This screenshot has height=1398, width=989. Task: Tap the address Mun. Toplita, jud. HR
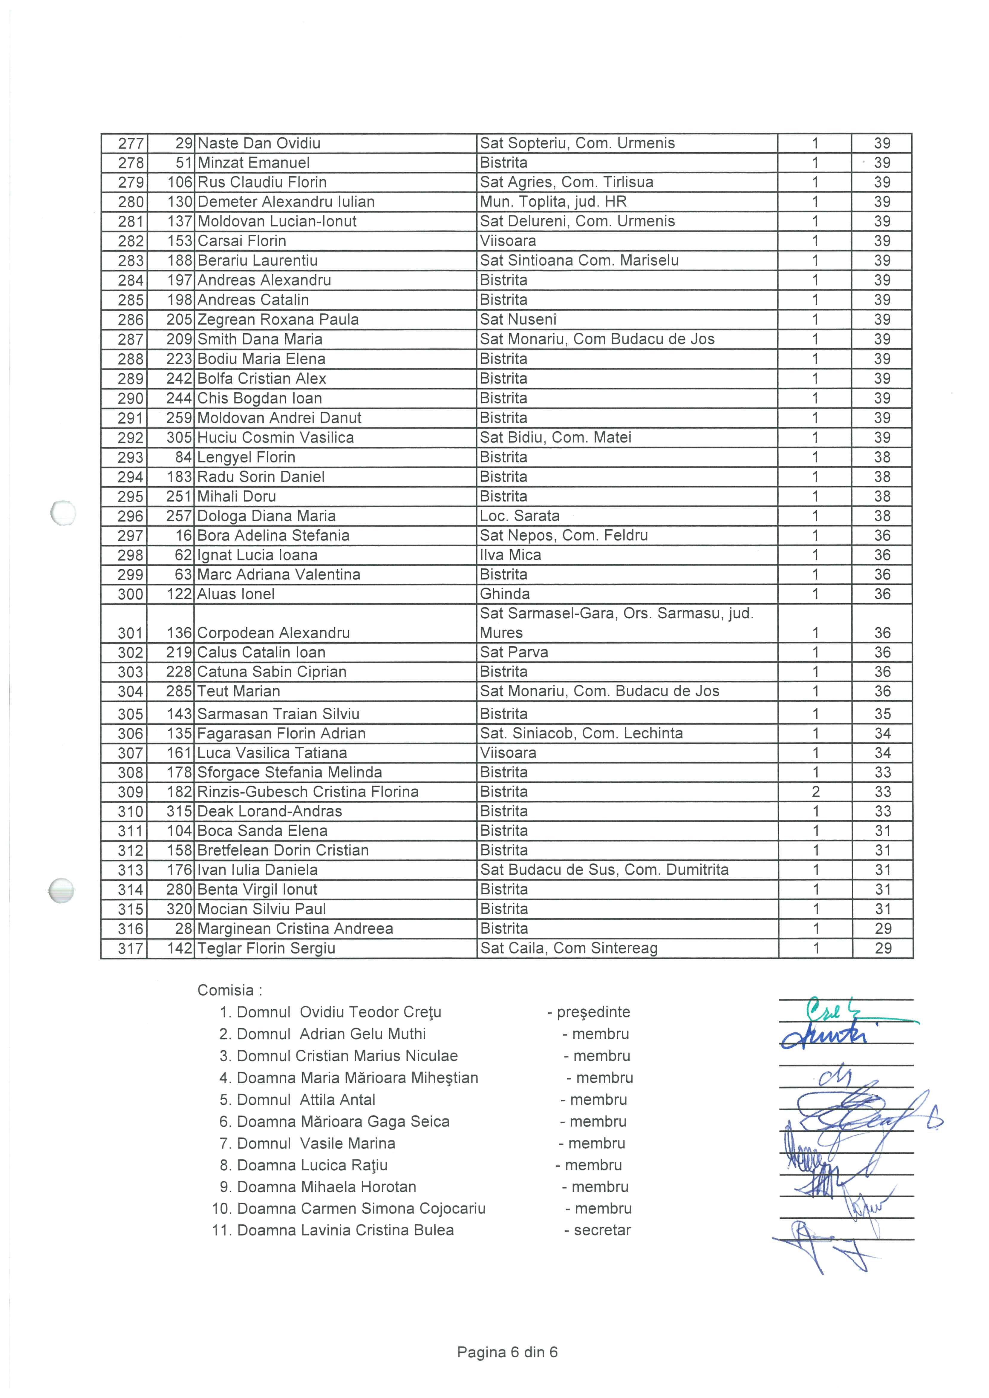pyautogui.click(x=553, y=202)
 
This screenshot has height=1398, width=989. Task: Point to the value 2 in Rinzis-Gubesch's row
pyautogui.click(x=815, y=792)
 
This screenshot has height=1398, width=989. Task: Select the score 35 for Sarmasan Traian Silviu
pyautogui.click(x=882, y=714)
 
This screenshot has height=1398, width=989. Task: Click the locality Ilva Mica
pyautogui.click(x=510, y=555)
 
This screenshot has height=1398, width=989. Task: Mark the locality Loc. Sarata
pyautogui.click(x=520, y=516)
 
